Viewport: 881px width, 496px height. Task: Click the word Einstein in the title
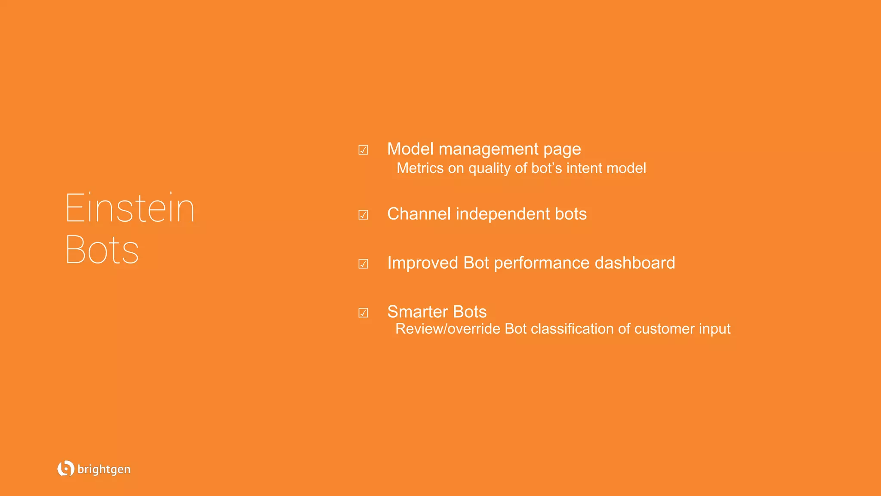[130, 209]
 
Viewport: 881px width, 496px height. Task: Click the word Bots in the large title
[102, 250]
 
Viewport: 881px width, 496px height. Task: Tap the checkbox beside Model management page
[363, 150]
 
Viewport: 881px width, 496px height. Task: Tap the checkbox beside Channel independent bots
[363, 214]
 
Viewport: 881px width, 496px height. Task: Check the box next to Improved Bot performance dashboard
[363, 263]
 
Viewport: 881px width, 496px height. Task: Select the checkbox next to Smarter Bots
[363, 313]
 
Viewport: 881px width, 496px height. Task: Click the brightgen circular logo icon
[65, 468]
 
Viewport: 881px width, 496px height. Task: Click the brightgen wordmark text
[104, 469]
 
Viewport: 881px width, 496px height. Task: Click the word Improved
[422, 263]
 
